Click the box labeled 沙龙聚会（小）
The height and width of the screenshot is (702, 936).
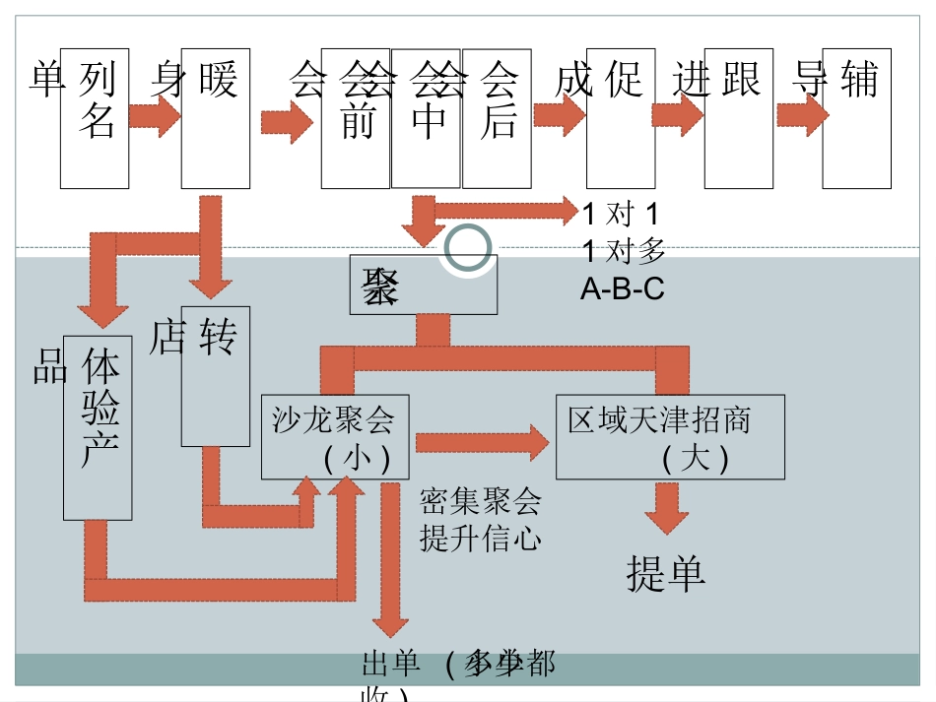[x=334, y=437]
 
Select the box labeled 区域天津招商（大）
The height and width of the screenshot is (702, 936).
[x=670, y=437]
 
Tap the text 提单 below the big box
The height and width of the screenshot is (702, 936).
[x=666, y=573]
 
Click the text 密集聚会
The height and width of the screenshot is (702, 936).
[x=480, y=502]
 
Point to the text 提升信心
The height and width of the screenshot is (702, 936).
[x=480, y=539]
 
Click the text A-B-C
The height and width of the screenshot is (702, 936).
[x=622, y=289]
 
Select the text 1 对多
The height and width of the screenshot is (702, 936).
[x=624, y=252]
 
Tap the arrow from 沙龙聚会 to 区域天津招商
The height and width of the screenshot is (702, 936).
[x=480, y=442]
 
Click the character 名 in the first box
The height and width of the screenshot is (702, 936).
[x=97, y=121]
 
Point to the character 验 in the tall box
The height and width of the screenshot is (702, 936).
[x=99, y=408]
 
